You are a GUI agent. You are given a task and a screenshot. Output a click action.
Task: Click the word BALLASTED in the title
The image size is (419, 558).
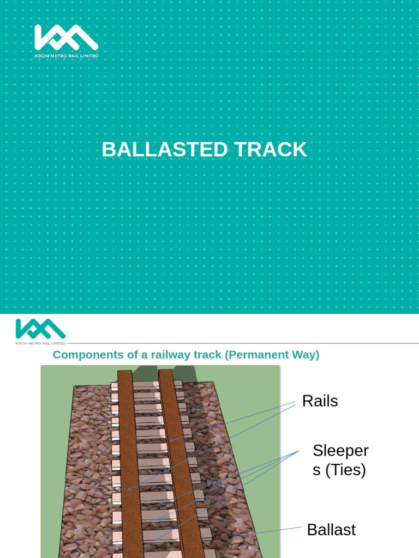pos(160,150)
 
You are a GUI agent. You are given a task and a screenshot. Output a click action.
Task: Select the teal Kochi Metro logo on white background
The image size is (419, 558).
pos(40,329)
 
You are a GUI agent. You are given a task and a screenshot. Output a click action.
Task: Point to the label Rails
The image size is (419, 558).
pos(320,402)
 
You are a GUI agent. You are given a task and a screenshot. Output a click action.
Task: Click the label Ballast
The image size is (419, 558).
pos(331,530)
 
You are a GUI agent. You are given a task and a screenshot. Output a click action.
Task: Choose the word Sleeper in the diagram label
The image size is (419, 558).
pos(340,451)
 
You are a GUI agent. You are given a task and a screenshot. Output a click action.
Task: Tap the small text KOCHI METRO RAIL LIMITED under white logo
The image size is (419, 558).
pos(66,56)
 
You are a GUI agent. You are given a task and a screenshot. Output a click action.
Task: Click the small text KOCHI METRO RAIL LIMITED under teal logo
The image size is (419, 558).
pos(40,343)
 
